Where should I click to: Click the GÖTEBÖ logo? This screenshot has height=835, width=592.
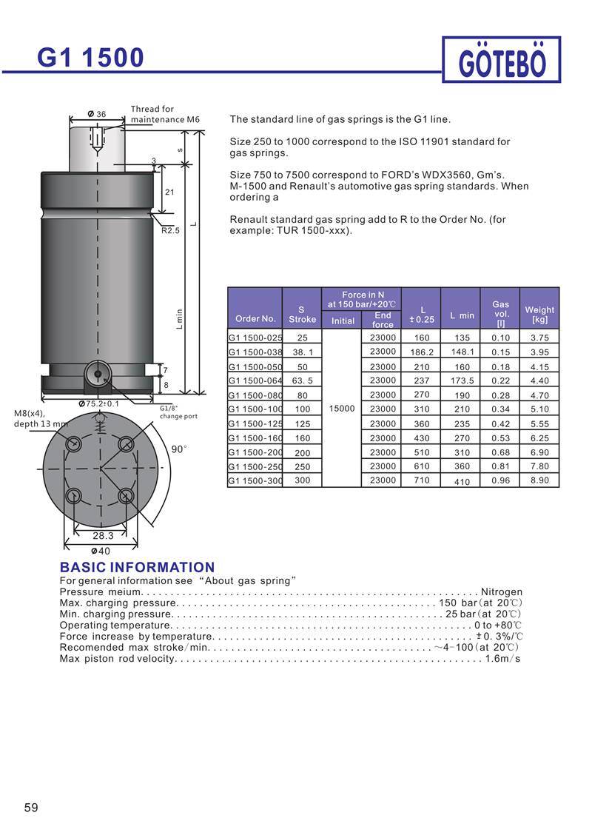502,60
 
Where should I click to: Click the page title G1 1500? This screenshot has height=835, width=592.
92,57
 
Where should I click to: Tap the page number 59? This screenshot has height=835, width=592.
31,808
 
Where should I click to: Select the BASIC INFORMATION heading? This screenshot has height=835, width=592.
137,568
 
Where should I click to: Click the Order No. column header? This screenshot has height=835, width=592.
255,318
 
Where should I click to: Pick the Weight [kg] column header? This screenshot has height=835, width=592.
539,315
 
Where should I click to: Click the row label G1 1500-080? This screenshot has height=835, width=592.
255,395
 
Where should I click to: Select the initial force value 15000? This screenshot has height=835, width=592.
343,409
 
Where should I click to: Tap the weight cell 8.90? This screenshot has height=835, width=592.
539,480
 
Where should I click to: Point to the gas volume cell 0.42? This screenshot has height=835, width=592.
500,424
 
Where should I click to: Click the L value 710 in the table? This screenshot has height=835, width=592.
420,480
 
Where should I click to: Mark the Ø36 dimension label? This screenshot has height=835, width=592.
97,114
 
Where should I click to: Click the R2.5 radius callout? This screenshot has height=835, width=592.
171,230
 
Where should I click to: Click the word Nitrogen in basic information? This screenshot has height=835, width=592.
501,592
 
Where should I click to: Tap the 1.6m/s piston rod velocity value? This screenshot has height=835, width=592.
502,658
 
